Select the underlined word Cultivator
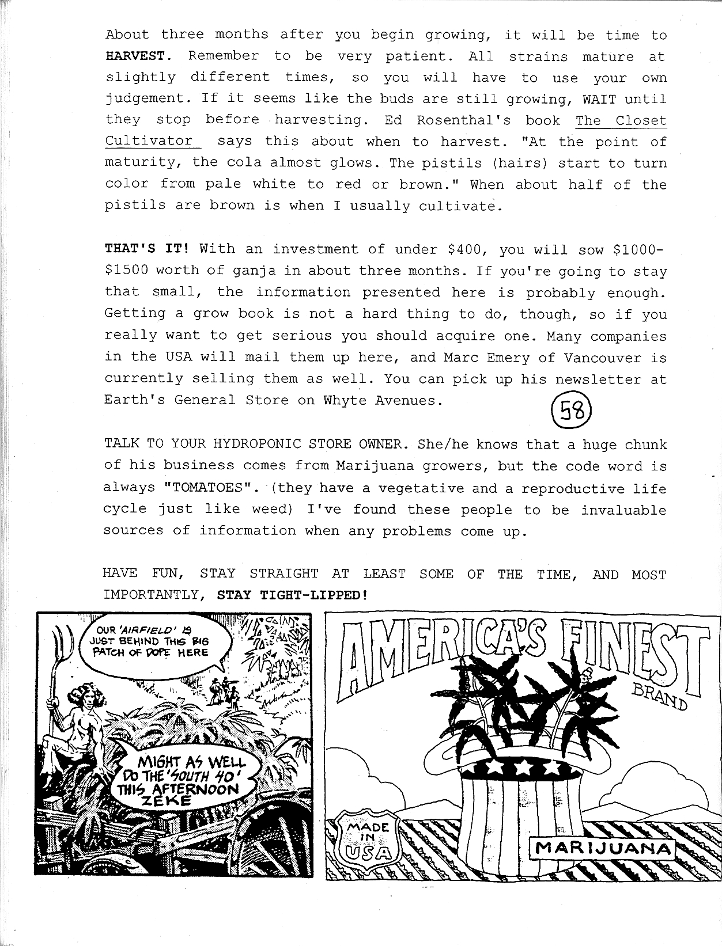(149, 141)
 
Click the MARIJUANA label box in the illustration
(603, 848)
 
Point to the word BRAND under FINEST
(659, 696)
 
